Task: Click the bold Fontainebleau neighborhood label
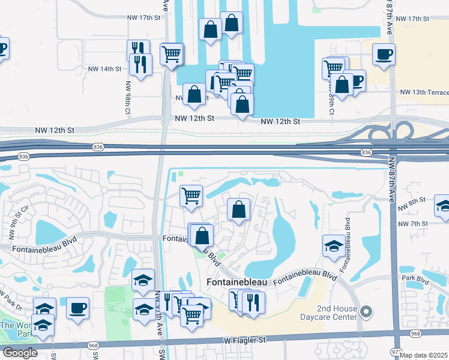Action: pyautogui.click(x=238, y=281)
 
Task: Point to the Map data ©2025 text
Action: pyautogui.click(x=424, y=355)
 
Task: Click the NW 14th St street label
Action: pyautogui.click(x=103, y=69)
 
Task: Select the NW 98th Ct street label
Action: pyautogui.click(x=128, y=92)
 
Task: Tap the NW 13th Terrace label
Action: pyautogui.click(x=424, y=92)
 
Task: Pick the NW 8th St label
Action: pyautogui.click(x=414, y=199)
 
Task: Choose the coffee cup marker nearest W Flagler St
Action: pyautogui.click(x=77, y=308)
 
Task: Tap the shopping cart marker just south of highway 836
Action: pyautogui.click(x=191, y=195)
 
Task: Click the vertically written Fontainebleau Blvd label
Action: pyautogui.click(x=348, y=244)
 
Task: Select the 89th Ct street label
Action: pyautogui.click(x=331, y=104)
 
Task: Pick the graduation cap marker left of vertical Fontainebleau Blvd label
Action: pyautogui.click(x=333, y=245)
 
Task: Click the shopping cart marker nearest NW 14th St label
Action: pyautogui.click(x=171, y=53)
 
